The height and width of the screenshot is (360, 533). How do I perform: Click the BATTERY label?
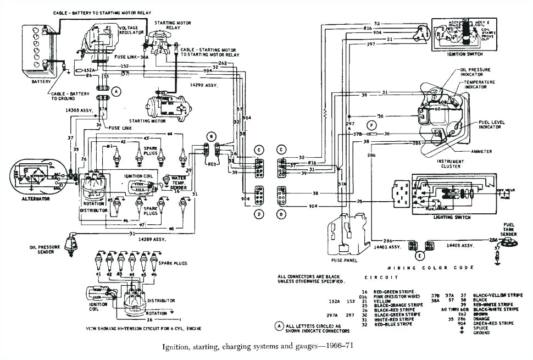[41, 82]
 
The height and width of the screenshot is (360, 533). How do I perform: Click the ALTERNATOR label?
[36, 198]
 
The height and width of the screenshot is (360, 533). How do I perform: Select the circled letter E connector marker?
[420, 255]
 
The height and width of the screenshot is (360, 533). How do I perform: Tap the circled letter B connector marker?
[210, 136]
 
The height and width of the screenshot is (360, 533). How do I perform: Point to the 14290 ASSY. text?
[203, 85]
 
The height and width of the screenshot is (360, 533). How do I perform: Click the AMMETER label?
[481, 151]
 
